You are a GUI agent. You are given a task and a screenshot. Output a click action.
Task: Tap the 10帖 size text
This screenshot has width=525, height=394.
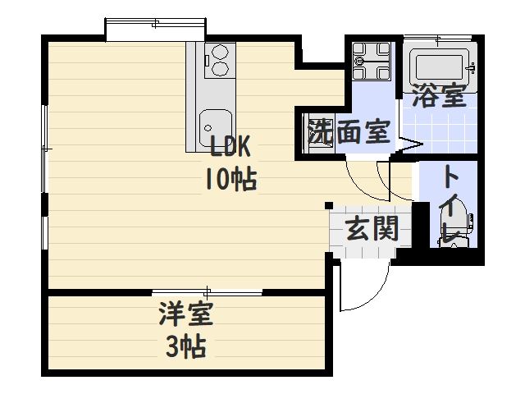point(231,177)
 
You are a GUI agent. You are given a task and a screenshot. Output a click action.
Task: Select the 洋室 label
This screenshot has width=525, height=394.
point(186,315)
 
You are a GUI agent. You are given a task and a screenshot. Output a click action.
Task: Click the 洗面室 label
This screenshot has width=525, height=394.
point(348,132)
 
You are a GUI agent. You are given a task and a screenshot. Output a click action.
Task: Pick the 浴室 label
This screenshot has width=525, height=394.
point(440,96)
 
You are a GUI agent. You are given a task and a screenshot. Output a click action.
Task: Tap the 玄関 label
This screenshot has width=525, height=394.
point(372,229)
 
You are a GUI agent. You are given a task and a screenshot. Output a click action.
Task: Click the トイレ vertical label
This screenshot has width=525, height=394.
point(450,205)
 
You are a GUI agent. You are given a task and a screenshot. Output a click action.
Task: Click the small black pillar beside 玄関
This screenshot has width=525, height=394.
point(328,204)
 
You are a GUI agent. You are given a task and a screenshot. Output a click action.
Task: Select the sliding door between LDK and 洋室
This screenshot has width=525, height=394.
point(207,292)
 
